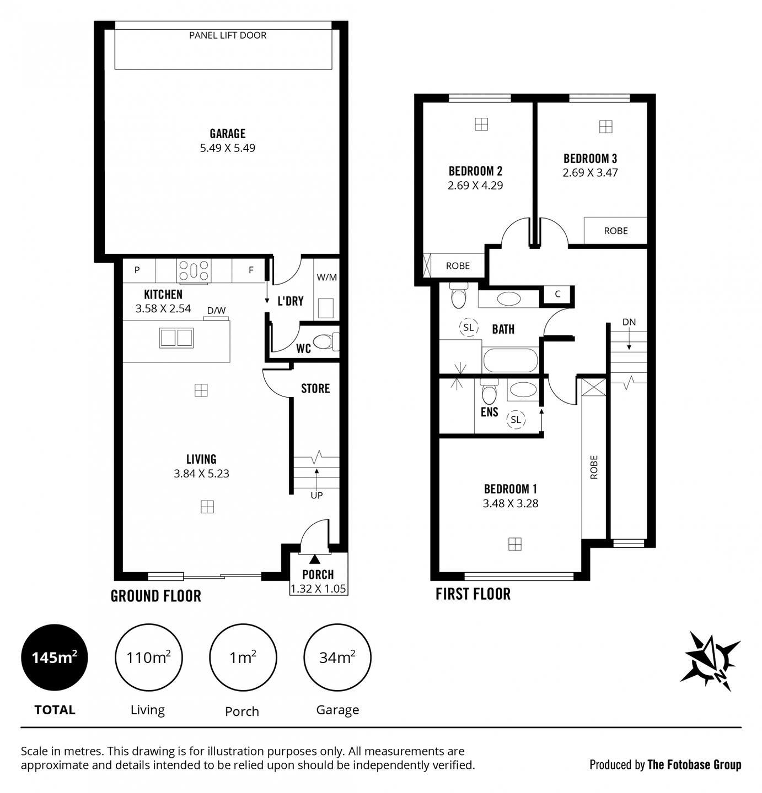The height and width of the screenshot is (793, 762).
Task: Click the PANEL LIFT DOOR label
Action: pyautogui.click(x=227, y=35)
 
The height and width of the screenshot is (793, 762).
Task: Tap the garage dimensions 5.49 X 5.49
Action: pyautogui.click(x=227, y=148)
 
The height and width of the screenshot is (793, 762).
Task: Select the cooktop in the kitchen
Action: pyautogui.click(x=194, y=271)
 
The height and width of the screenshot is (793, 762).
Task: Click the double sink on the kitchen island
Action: pyautogui.click(x=176, y=338)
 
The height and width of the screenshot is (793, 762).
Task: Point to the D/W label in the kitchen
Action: pyautogui.click(x=216, y=311)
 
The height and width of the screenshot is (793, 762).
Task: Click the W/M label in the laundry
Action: pyautogui.click(x=326, y=277)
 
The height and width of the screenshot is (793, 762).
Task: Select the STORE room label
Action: pyautogui.click(x=315, y=389)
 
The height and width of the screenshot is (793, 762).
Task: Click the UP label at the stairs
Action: pyautogui.click(x=316, y=495)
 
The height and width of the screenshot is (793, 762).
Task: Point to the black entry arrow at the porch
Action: pyautogui.click(x=314, y=560)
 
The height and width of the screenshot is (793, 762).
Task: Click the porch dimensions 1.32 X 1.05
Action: pyautogui.click(x=318, y=589)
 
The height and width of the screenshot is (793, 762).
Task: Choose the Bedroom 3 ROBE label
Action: pyautogui.click(x=615, y=231)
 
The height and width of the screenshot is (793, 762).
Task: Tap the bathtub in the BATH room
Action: pyautogui.click(x=510, y=361)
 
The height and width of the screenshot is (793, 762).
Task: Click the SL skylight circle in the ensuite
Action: pyautogui.click(x=516, y=420)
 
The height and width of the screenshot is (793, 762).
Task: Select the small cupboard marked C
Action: pyautogui.click(x=557, y=294)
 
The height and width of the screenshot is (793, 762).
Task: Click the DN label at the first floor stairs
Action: pyautogui.click(x=629, y=322)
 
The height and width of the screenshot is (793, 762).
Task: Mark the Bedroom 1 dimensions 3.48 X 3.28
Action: pyautogui.click(x=510, y=503)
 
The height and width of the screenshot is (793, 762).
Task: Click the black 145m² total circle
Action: pyautogui.click(x=54, y=658)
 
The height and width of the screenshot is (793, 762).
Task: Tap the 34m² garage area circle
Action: pyautogui.click(x=337, y=658)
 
